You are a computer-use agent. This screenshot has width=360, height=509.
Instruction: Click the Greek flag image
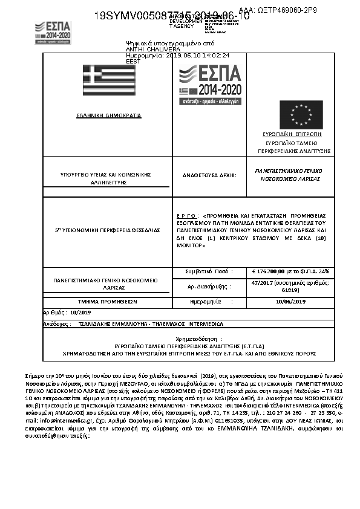[109, 80]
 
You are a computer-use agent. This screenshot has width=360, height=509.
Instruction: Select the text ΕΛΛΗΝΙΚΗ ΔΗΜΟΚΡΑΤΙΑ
[109, 115]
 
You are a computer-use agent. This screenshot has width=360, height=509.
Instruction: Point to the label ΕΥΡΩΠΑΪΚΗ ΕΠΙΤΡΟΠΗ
[292, 134]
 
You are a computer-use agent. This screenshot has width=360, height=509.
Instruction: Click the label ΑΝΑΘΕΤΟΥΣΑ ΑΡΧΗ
[209, 175]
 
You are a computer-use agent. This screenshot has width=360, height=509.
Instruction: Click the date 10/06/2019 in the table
[290, 300]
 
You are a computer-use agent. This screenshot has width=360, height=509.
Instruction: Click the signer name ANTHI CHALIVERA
[144, 49]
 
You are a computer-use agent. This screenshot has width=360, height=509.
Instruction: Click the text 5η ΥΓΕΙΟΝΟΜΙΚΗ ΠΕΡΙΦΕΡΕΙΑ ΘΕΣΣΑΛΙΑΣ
[107, 230]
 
